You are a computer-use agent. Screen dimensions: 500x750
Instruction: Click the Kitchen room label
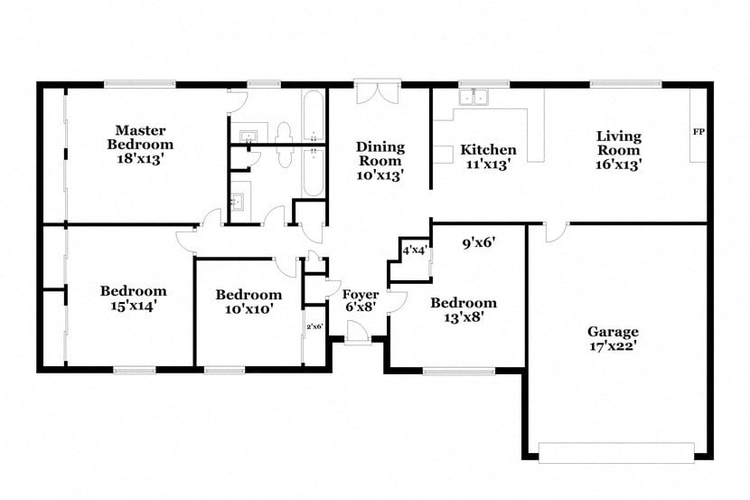[488, 150]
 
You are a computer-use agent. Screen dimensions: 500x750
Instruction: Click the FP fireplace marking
[698, 132]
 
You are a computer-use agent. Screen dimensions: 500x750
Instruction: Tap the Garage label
[613, 331]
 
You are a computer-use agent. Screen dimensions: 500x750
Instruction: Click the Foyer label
[360, 295]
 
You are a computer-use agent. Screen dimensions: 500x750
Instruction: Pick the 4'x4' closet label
[414, 250]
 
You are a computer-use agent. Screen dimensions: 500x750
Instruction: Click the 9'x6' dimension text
[480, 242]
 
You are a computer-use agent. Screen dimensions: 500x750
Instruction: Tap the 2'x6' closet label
[314, 326]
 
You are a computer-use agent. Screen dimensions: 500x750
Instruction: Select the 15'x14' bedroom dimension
[133, 306]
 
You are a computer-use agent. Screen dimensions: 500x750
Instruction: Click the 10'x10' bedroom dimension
[248, 309]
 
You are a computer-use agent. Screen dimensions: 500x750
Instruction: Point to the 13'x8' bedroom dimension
[463, 317]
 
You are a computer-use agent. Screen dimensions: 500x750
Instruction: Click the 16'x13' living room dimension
[618, 165]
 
